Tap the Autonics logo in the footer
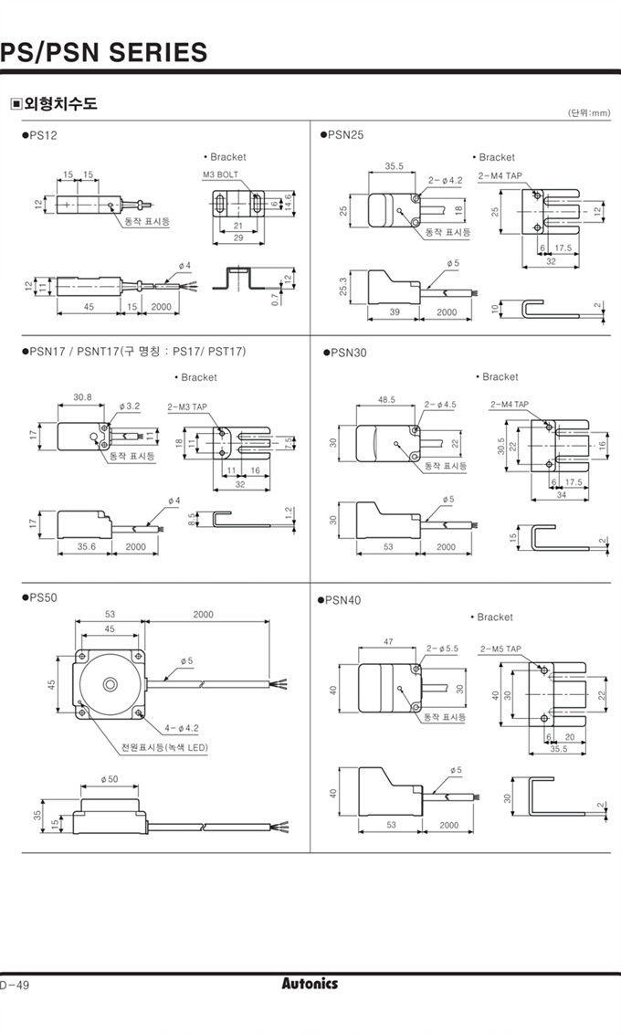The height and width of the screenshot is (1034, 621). [x=310, y=984]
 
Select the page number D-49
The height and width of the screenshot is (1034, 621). [x=16, y=985]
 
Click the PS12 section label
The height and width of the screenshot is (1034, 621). [x=41, y=135]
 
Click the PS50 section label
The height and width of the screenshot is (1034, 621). [x=41, y=597]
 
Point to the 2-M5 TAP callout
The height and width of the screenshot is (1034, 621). [x=500, y=649]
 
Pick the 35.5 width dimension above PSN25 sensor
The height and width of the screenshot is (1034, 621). [x=394, y=166]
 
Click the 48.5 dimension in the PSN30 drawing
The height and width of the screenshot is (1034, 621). [x=386, y=399]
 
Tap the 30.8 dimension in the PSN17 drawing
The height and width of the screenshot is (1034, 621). [x=83, y=397]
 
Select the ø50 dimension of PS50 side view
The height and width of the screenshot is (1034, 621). [x=110, y=779]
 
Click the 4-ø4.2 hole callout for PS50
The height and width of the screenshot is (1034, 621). [x=184, y=728]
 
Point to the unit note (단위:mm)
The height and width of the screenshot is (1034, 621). [x=588, y=113]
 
